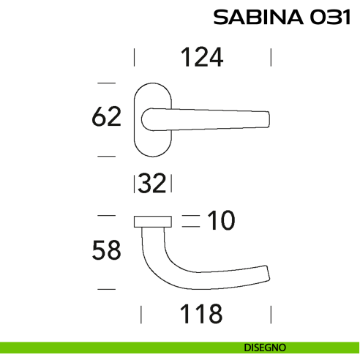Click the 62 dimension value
tap(106, 117)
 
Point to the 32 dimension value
tap(153, 184)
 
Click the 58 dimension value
tap(106, 251)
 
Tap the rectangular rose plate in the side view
tap(152, 221)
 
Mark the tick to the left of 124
tap(133, 57)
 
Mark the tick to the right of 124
tap(271, 57)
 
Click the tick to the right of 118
tap(271, 315)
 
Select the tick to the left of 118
tap(140, 315)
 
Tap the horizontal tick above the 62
tap(107, 81)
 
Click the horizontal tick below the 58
tap(107, 290)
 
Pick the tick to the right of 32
tap(173, 184)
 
